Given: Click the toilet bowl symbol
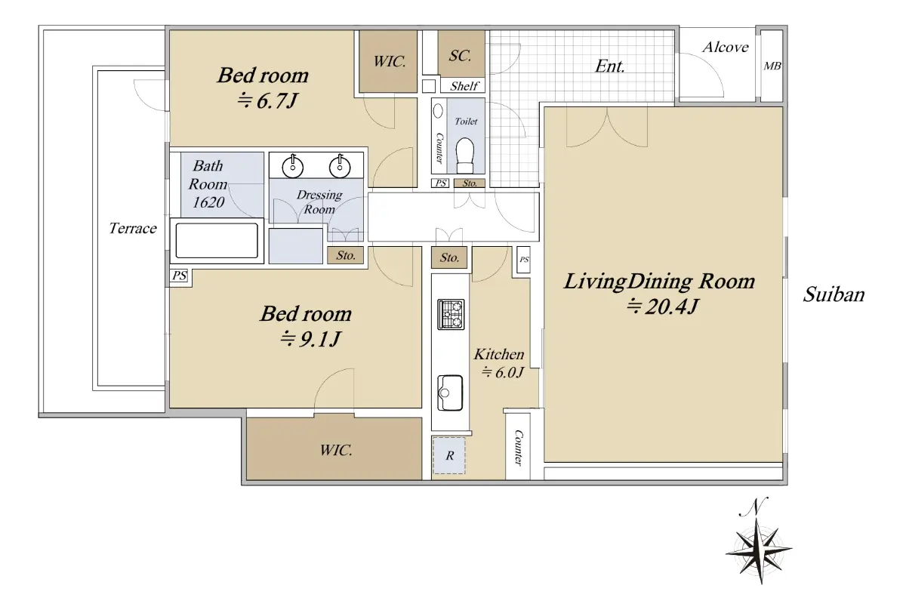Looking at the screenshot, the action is [x=464, y=156].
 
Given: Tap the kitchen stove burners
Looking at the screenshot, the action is [x=451, y=314].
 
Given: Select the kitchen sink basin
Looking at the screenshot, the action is [x=450, y=393].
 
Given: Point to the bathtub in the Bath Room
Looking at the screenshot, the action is [x=217, y=241].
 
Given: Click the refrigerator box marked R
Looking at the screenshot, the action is [x=449, y=455].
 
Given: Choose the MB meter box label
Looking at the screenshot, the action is [x=772, y=66].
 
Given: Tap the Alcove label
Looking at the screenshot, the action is [x=726, y=48].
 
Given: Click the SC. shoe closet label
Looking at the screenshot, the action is [x=460, y=55].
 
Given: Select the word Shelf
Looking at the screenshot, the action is [x=464, y=86].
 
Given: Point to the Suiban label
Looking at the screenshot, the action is [x=834, y=294].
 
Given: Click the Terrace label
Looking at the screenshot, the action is [x=133, y=228].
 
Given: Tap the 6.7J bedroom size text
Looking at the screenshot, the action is [x=267, y=100].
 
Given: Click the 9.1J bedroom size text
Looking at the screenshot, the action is [x=310, y=339].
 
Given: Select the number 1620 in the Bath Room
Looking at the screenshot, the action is [x=208, y=202].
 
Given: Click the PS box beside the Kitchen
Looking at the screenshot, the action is [x=524, y=259].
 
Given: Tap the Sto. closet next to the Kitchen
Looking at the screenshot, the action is [x=449, y=257].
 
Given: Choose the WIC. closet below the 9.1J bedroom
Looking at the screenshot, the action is [x=334, y=449].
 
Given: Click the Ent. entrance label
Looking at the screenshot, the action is [x=609, y=66].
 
